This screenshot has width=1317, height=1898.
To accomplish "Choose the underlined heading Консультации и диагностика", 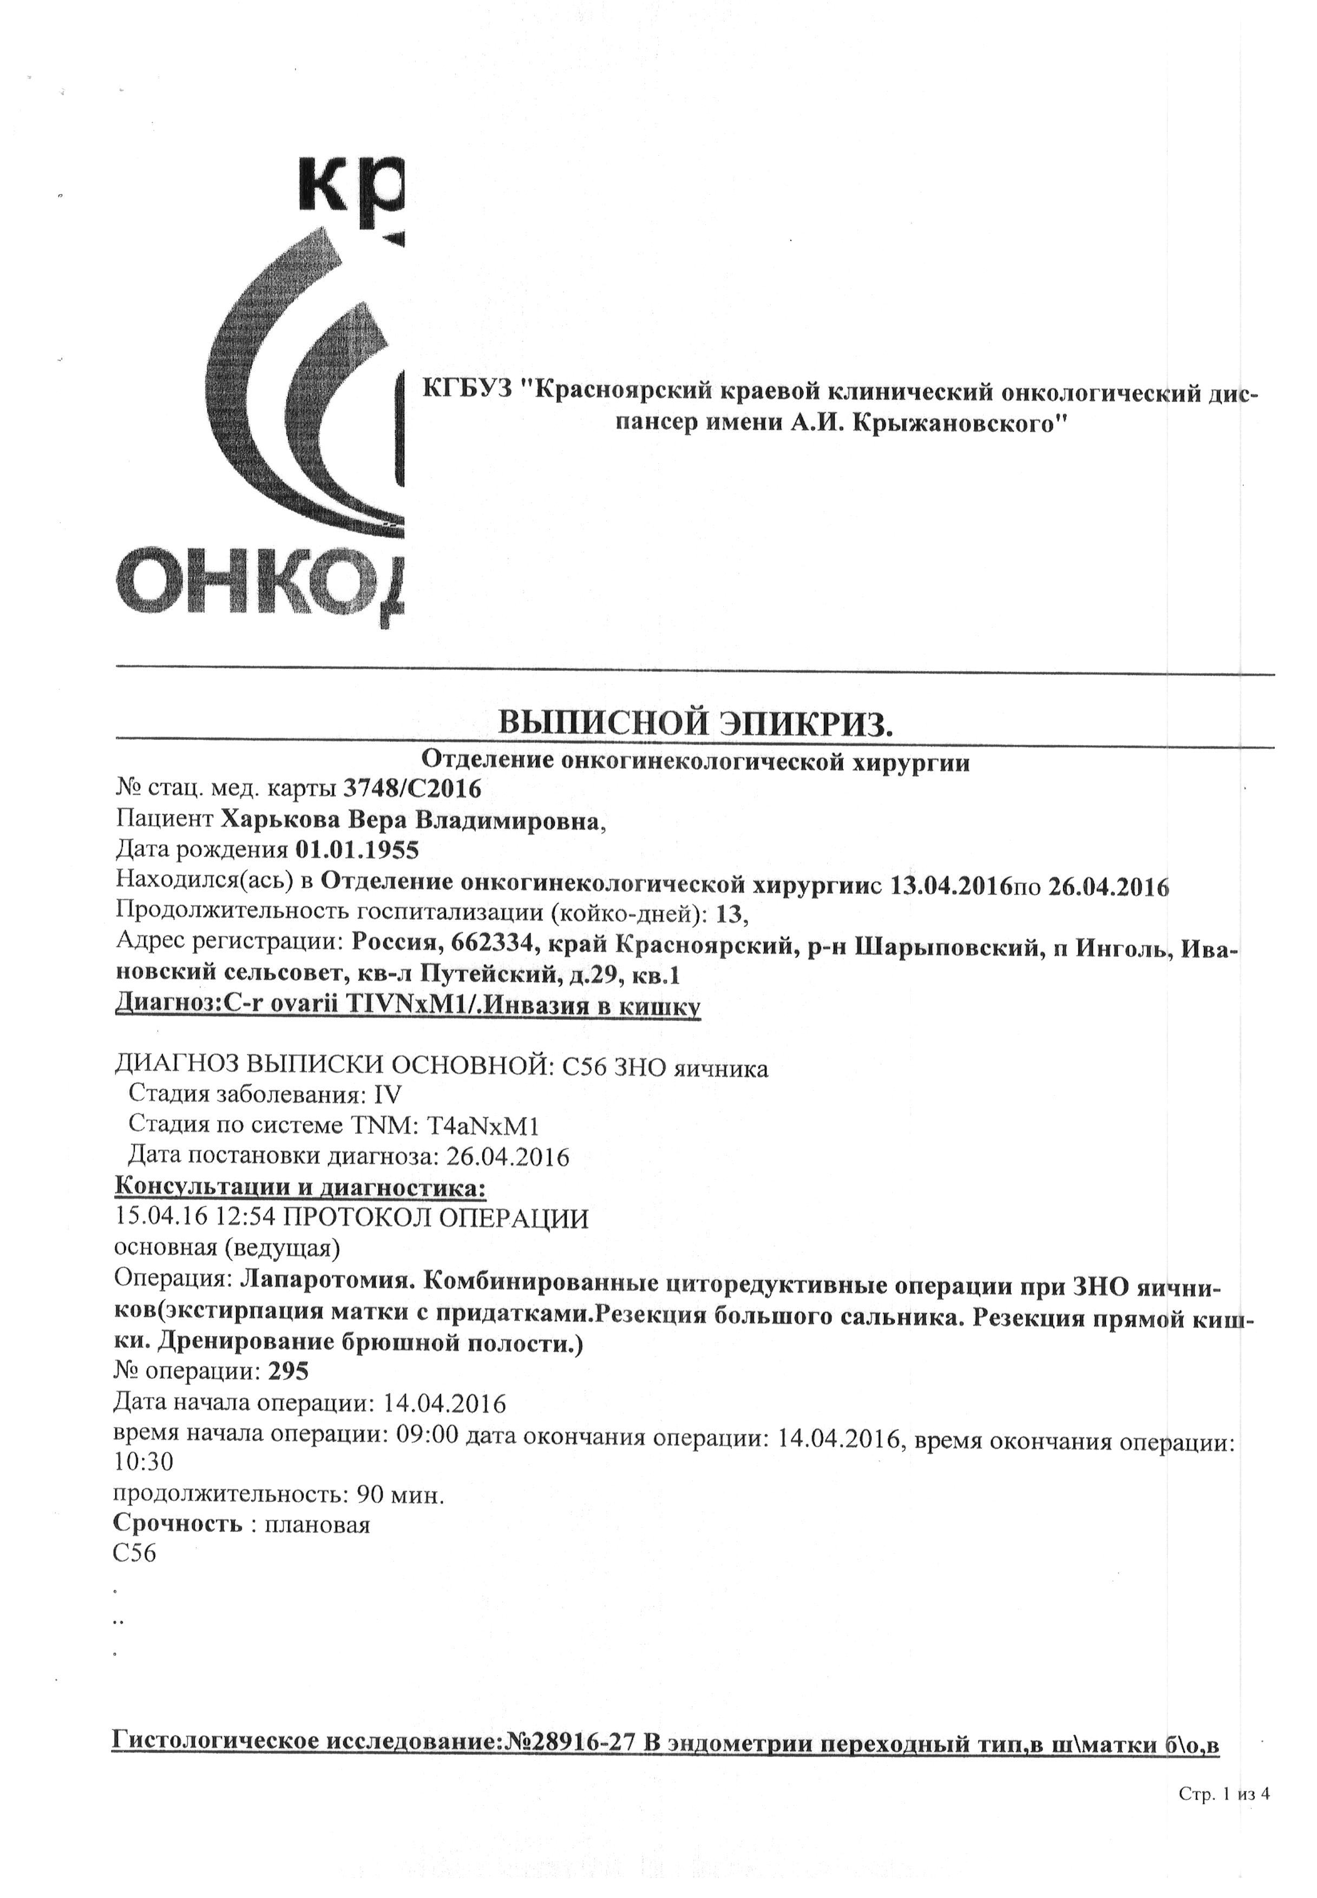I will (299, 1188).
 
